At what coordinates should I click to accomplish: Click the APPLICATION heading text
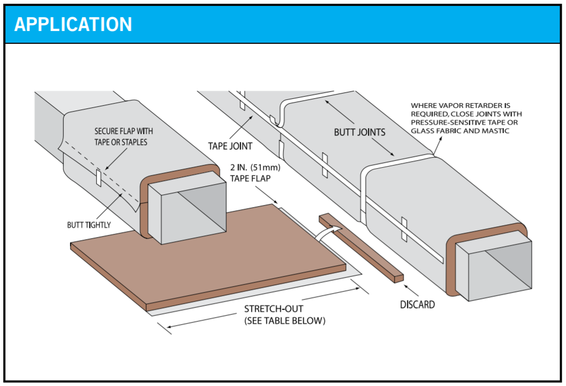tap(73, 25)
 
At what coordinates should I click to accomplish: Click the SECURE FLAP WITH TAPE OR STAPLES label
tap(127, 137)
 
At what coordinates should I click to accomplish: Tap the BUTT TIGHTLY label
tap(89, 225)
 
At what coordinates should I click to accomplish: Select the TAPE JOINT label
tap(230, 145)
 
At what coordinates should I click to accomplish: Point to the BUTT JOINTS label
tap(359, 132)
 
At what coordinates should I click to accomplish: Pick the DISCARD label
tap(417, 304)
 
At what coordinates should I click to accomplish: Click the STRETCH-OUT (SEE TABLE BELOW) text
tap(284, 315)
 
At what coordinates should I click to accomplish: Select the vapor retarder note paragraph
tap(466, 118)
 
